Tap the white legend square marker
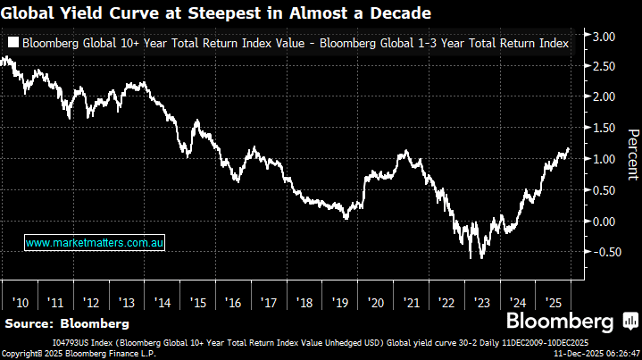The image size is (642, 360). tap(13, 43)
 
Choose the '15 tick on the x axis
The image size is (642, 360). tap(199, 304)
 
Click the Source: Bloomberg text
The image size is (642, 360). tap(66, 322)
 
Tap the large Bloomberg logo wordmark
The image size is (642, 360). tap(560, 322)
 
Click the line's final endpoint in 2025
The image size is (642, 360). tap(569, 149)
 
